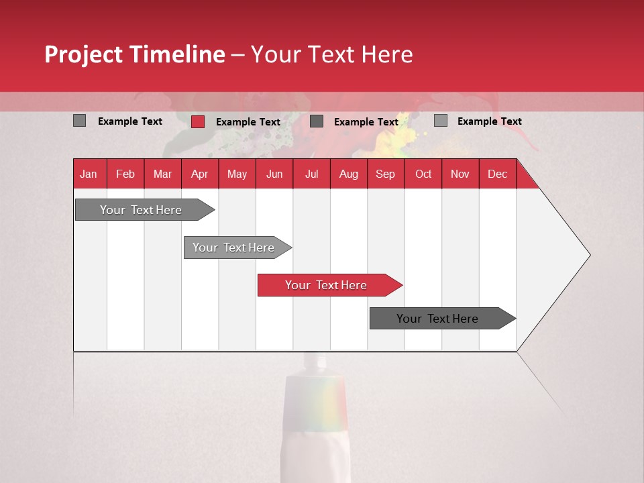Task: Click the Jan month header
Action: coord(89,174)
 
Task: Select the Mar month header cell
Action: coord(162,174)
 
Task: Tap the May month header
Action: coord(237,174)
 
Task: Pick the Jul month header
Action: coord(311,174)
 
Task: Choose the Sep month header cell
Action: coord(385,174)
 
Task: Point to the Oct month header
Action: coord(423,174)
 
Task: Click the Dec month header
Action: coord(497,174)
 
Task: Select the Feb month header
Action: coord(125,174)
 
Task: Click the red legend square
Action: coord(198,121)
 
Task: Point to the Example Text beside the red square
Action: coord(248,122)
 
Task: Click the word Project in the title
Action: coord(84,54)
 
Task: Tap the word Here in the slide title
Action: coord(386,54)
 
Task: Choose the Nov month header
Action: coord(460,174)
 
